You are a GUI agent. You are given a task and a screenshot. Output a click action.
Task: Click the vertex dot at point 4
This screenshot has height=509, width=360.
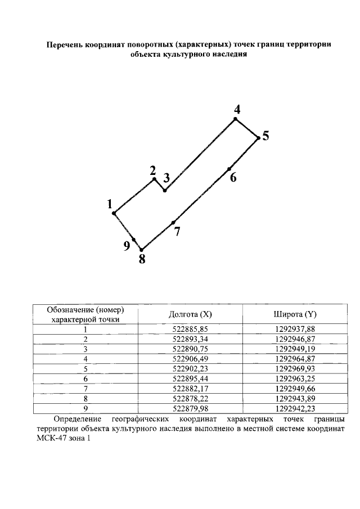tap(236, 119)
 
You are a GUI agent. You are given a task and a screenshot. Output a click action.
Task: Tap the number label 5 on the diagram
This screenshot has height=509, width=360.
tap(265, 136)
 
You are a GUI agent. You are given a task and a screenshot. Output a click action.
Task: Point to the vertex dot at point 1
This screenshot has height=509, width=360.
tap(114, 213)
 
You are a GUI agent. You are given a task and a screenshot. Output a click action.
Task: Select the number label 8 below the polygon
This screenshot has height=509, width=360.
tap(142, 259)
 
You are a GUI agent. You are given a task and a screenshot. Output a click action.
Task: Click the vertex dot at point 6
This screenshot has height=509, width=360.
tap(229, 169)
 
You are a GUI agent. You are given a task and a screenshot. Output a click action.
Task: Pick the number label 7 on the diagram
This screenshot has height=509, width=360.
tap(177, 231)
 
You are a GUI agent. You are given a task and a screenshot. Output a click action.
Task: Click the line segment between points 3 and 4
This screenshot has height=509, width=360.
tap(200, 155)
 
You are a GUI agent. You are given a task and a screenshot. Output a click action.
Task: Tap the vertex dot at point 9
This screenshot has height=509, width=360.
tap(133, 240)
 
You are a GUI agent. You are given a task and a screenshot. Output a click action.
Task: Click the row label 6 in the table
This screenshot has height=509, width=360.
tap(85, 378)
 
